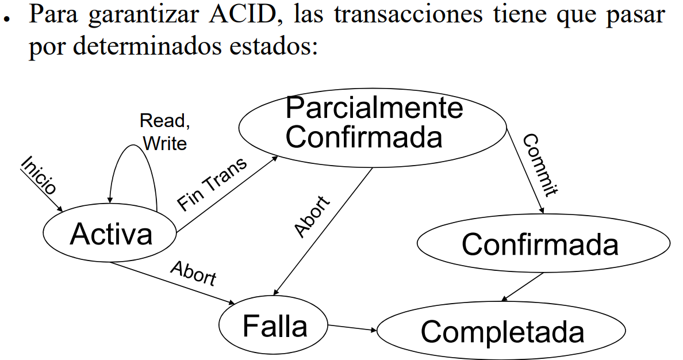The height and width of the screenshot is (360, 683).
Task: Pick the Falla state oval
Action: click(275, 327)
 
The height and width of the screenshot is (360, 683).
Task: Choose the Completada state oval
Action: click(501, 332)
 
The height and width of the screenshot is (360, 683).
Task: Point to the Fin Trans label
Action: click(212, 183)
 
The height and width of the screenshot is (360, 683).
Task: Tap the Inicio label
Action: click(39, 175)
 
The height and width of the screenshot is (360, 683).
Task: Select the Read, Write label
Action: click(164, 132)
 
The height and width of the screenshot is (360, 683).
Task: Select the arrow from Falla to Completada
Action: click(352, 328)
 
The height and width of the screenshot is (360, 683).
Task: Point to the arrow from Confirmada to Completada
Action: click(523, 286)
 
